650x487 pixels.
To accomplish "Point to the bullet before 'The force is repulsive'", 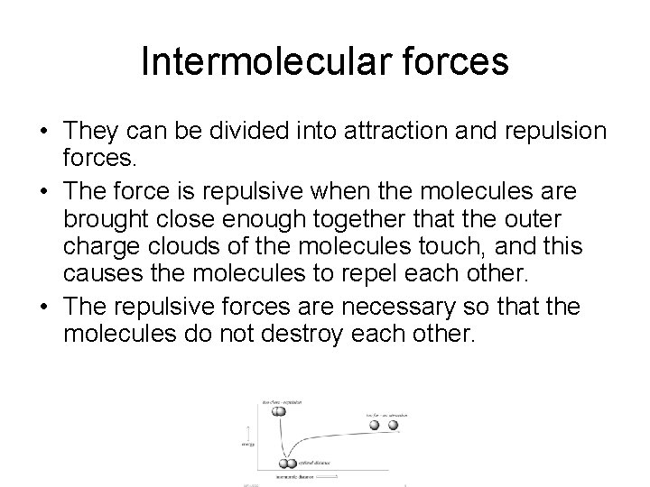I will click(43, 191).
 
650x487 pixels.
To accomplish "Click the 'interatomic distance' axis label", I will click(294, 474).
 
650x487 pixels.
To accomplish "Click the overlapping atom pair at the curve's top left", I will click(279, 411).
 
